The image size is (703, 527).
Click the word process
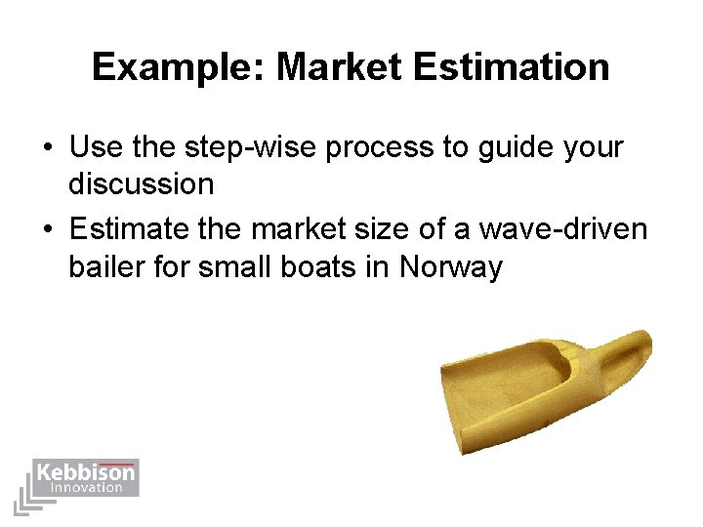(x=382, y=148)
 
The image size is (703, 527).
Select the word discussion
(x=141, y=183)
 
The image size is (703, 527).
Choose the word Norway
(x=450, y=265)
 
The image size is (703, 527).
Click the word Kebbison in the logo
(x=85, y=474)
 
